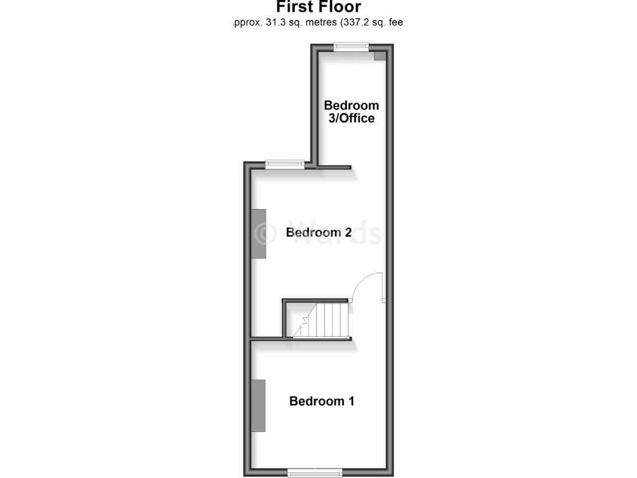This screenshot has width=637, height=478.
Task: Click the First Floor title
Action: tap(318, 7)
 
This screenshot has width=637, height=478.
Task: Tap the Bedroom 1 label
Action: tap(322, 401)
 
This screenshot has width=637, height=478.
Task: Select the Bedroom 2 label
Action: tap(318, 232)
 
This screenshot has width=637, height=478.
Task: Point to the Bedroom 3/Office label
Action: tap(351, 111)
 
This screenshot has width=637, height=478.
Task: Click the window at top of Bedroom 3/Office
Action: tap(351, 46)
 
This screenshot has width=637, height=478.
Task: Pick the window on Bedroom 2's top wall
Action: tap(285, 164)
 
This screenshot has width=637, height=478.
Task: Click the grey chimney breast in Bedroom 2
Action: tap(259, 233)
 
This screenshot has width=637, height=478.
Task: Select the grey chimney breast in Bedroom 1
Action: tap(259, 405)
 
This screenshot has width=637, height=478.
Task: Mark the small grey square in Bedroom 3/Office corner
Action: tap(379, 56)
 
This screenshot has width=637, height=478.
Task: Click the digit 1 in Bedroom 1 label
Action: tap(351, 401)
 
